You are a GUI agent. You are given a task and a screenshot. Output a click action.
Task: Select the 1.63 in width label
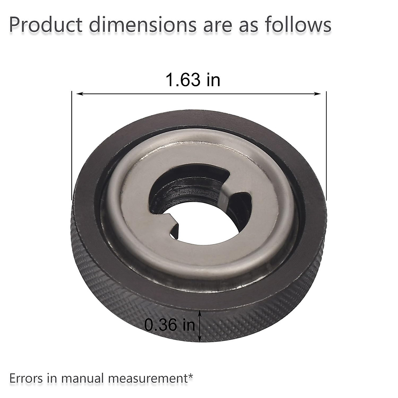coord(193,80)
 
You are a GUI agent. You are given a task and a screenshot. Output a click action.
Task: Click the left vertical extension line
coord(72,146)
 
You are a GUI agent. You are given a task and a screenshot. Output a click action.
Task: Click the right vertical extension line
coord(326,146)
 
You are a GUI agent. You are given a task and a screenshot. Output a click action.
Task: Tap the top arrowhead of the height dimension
coord(199,312)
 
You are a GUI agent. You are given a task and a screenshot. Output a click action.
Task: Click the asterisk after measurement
coord(190,375)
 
